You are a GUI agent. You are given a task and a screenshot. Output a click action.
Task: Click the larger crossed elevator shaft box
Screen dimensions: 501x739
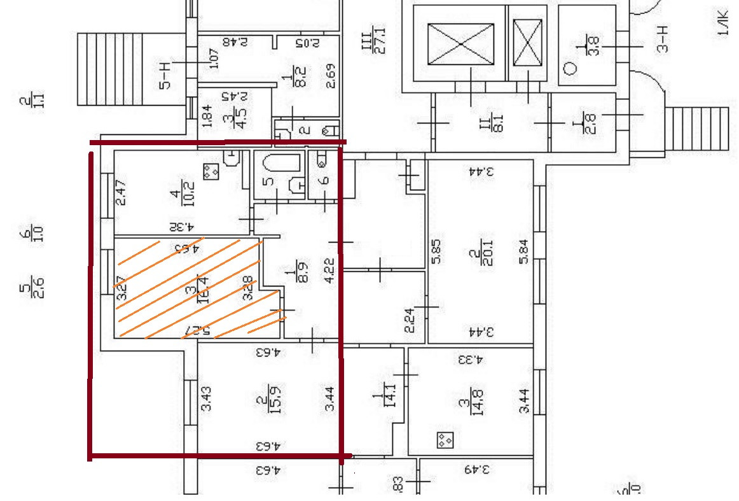461,43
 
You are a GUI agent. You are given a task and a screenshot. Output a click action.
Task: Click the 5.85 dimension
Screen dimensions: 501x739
438,251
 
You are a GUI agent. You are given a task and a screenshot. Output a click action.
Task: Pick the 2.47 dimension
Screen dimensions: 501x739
120,193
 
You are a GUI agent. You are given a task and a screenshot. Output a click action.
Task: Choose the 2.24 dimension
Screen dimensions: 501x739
410,320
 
